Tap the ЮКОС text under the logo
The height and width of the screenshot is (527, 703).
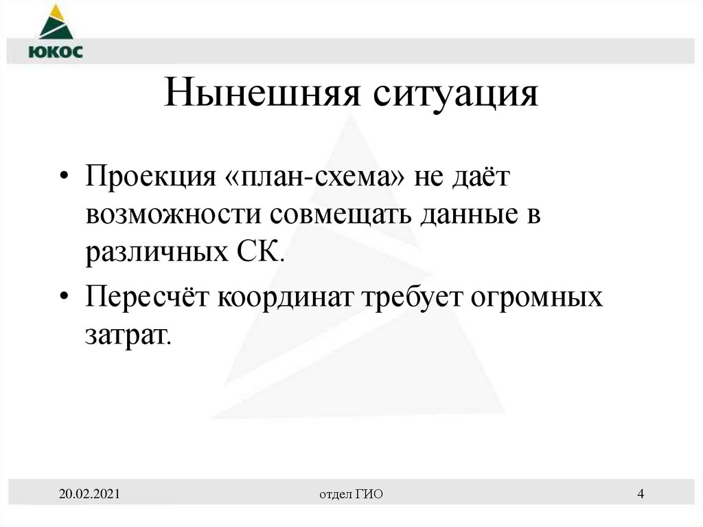pos(56,52)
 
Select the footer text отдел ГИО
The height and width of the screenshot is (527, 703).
pos(351,494)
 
